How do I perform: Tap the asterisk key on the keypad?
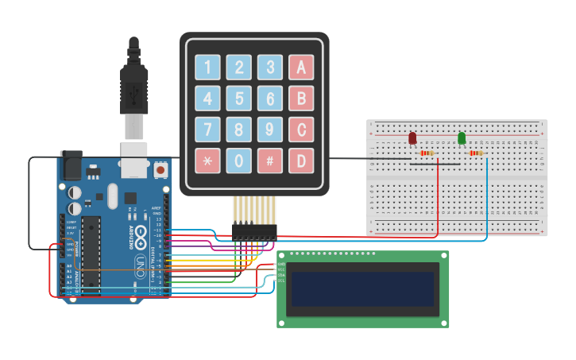coord(208,161)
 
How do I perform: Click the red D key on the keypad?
coord(301,161)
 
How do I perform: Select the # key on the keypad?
coord(270,161)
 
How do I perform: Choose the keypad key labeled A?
coord(301,68)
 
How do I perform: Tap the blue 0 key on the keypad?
coord(239,161)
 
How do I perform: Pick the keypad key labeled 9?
coord(270,130)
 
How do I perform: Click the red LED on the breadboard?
coord(412,138)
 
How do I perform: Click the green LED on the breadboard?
coord(462,138)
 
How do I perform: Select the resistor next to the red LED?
coord(427,153)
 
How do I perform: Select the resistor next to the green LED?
coord(476,153)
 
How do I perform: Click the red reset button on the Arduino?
coord(160,169)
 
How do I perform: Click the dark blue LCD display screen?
coord(363,287)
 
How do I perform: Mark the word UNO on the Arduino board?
coord(138,263)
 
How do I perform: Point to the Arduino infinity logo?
coord(140,234)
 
